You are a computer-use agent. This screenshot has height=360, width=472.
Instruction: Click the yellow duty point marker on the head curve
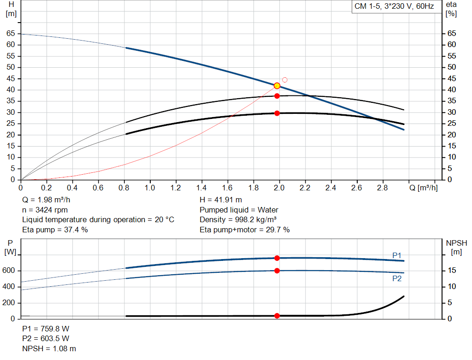coord(277,86)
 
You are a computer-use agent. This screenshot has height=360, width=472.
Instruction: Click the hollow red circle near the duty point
coord(285,80)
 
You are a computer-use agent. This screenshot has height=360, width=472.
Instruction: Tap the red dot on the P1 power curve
coord(277,258)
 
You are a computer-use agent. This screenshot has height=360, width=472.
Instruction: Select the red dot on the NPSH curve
coord(277,316)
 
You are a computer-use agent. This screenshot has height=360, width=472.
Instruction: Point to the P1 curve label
coord(397,255)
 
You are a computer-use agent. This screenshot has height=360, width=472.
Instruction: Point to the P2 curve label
coord(397,278)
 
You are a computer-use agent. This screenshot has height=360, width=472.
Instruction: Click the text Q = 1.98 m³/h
coord(46,200)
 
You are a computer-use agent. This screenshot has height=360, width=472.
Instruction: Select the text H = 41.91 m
coord(221,200)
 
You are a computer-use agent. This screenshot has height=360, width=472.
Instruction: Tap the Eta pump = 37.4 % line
coord(55,230)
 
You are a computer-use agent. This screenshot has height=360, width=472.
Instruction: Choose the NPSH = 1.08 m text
coord(49,348)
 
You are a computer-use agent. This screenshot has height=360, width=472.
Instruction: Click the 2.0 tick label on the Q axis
coord(279,188)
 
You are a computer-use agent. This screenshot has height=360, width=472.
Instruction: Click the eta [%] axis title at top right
coord(451,9)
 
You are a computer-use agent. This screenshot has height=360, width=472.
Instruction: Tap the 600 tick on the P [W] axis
coord(9,271)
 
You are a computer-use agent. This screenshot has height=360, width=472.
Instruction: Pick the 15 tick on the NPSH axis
coord(452,271)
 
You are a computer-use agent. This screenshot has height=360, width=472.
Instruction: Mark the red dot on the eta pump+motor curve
coord(277,113)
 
